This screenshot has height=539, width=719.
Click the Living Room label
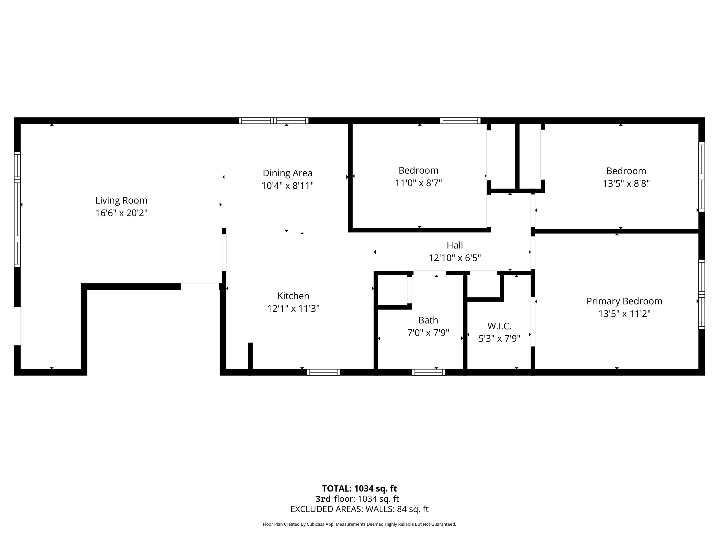click(121, 200)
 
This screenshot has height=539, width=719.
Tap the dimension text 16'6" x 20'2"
click(121, 213)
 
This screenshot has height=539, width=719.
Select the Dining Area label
click(287, 173)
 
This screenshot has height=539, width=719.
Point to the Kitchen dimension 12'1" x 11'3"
click(293, 309)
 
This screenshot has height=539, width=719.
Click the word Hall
click(455, 245)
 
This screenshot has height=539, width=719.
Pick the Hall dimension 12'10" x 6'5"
click(455, 258)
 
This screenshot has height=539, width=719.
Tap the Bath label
click(428, 320)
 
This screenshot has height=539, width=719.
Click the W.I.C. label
click(499, 326)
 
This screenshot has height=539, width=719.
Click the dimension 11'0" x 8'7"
click(418, 183)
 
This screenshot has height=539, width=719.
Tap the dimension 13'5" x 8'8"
click(626, 184)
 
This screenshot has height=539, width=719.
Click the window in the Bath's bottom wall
click(428, 372)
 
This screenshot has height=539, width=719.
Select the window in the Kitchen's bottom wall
click(323, 372)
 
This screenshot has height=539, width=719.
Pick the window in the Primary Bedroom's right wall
click(702, 294)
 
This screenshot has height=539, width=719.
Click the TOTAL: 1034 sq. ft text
click(359, 489)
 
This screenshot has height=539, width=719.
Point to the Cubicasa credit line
click(359, 524)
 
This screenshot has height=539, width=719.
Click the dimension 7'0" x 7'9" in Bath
click(428, 333)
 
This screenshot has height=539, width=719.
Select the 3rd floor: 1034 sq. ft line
click(357, 499)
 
